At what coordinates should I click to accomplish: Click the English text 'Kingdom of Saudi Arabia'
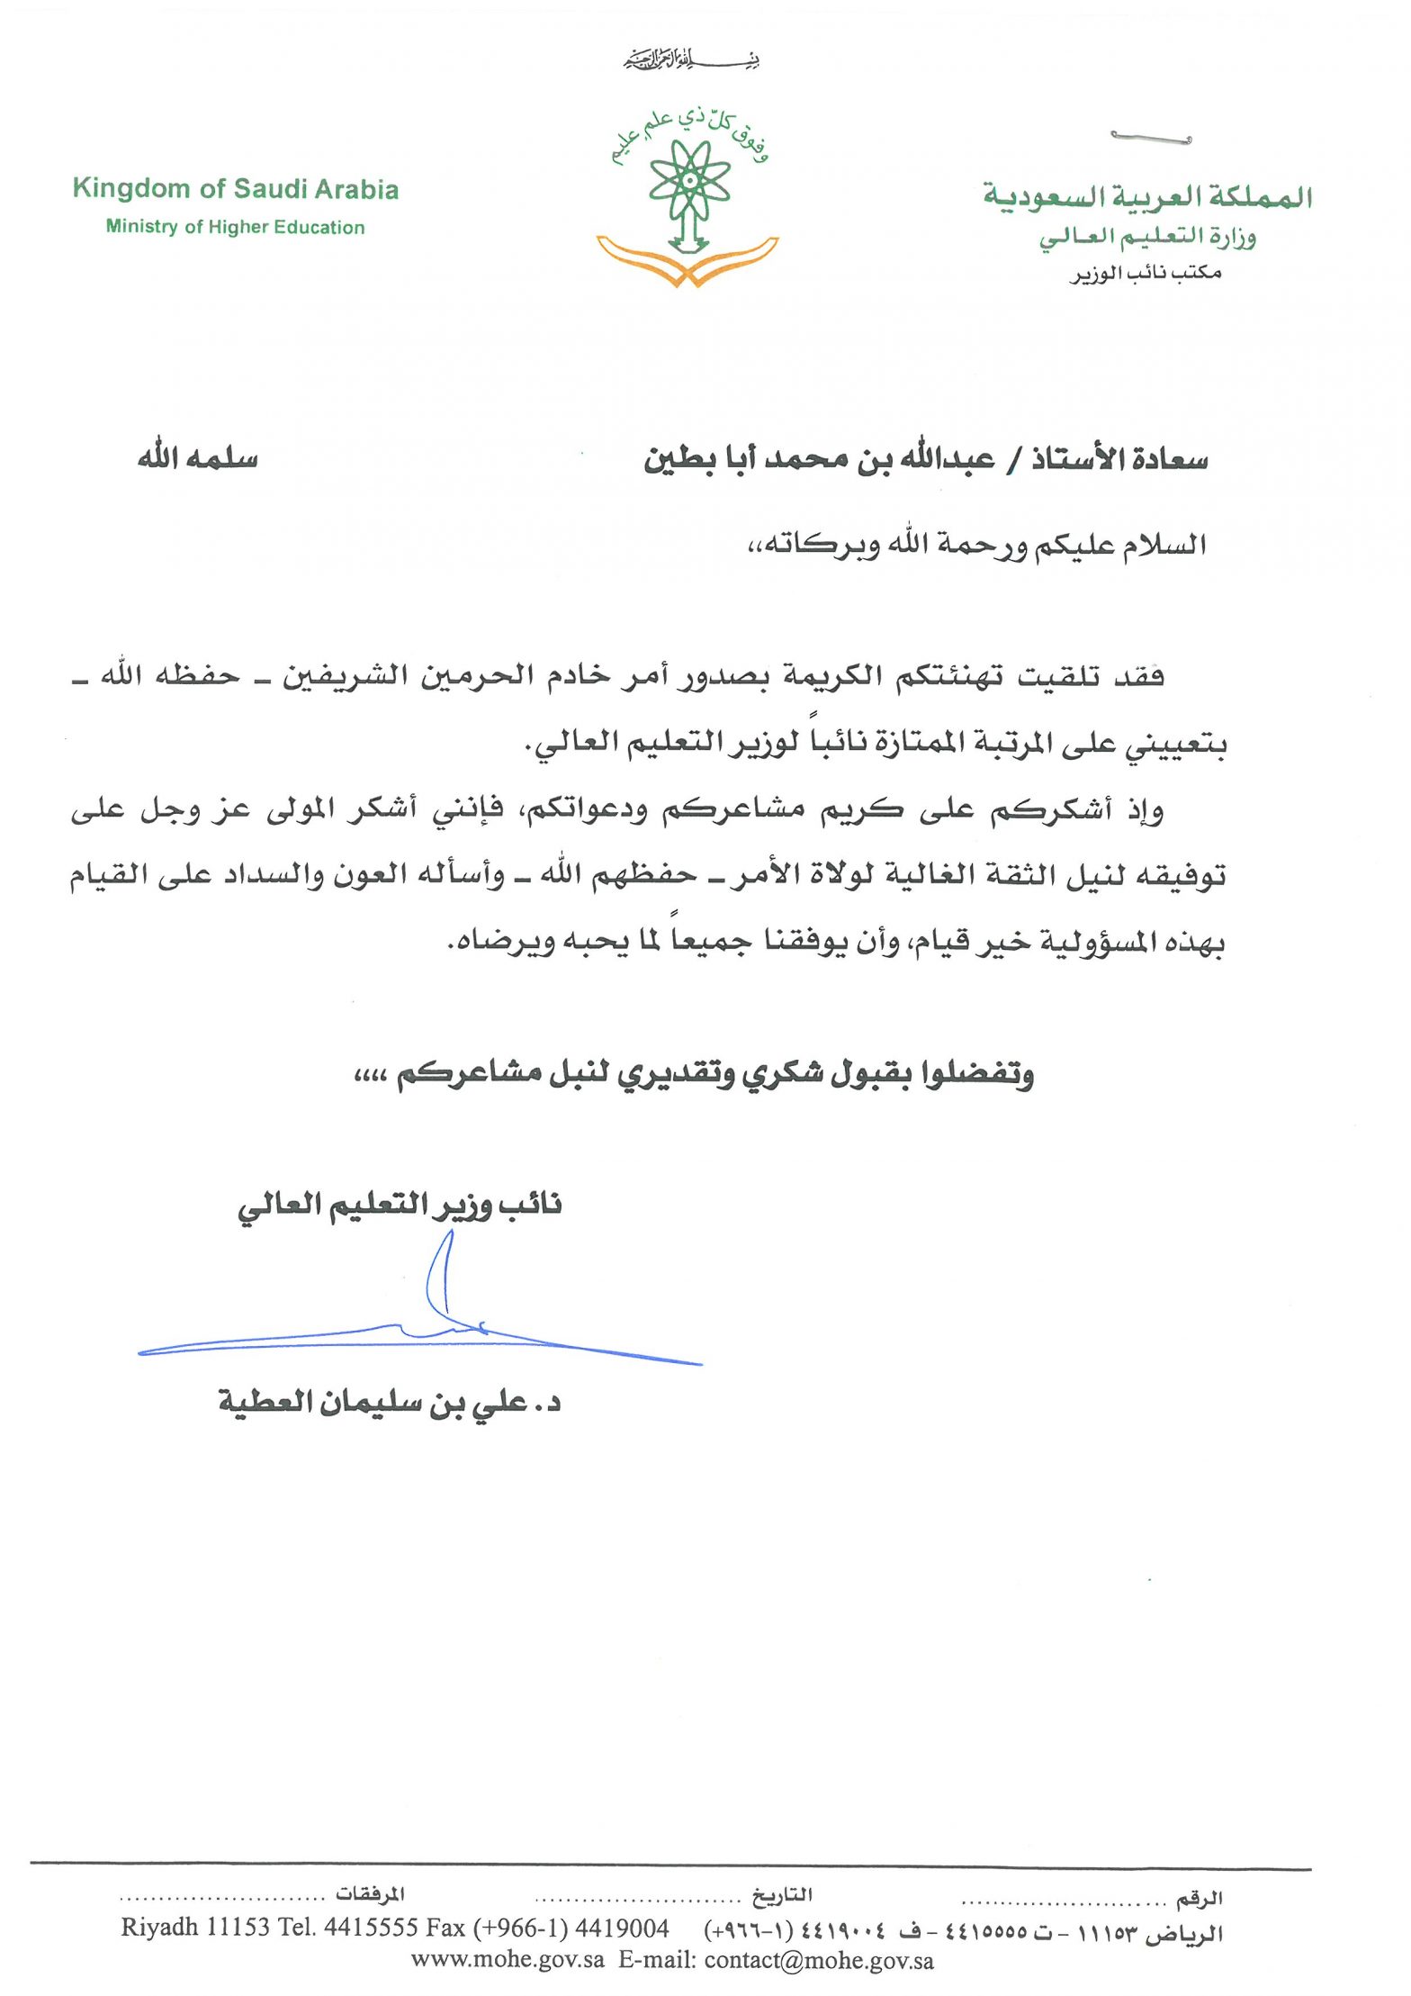click(x=235, y=189)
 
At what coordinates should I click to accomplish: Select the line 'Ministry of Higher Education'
click(x=235, y=227)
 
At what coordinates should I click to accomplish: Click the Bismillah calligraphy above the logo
click(x=693, y=61)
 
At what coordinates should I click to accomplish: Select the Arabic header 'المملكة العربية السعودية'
click(x=1147, y=196)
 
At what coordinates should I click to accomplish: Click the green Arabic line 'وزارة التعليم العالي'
click(x=1147, y=237)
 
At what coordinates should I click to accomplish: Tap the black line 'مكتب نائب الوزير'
click(x=1146, y=272)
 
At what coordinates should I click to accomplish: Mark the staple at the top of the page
click(x=1151, y=138)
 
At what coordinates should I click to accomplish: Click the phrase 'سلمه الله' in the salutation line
click(x=198, y=458)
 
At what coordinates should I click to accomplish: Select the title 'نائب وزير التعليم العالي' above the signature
click(x=400, y=1205)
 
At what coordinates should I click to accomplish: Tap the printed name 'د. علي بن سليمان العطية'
click(x=389, y=1402)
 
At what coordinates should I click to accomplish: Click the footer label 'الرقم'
click(x=1200, y=1898)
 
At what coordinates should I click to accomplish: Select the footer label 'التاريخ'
click(x=782, y=1894)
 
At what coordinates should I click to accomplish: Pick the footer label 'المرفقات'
click(x=370, y=1893)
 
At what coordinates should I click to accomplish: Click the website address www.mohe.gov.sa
click(x=508, y=1960)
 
